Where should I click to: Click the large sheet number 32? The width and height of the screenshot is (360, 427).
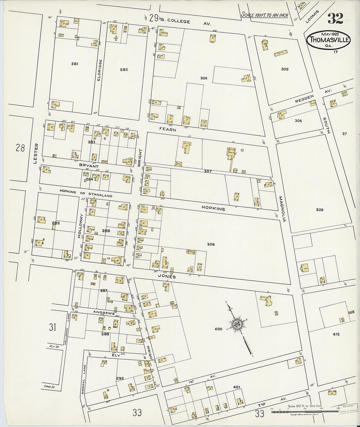tap(335, 19)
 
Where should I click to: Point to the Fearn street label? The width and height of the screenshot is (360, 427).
tap(168, 130)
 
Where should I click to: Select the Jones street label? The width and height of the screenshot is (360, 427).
tap(168, 276)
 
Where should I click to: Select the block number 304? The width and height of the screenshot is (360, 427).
tap(204, 78)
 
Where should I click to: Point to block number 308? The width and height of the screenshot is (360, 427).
tap(211, 244)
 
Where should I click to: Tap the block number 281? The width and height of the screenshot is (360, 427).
tap(75, 64)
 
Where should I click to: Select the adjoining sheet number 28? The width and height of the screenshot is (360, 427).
tap(20, 148)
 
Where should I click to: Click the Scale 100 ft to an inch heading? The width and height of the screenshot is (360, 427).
tap(265, 15)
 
